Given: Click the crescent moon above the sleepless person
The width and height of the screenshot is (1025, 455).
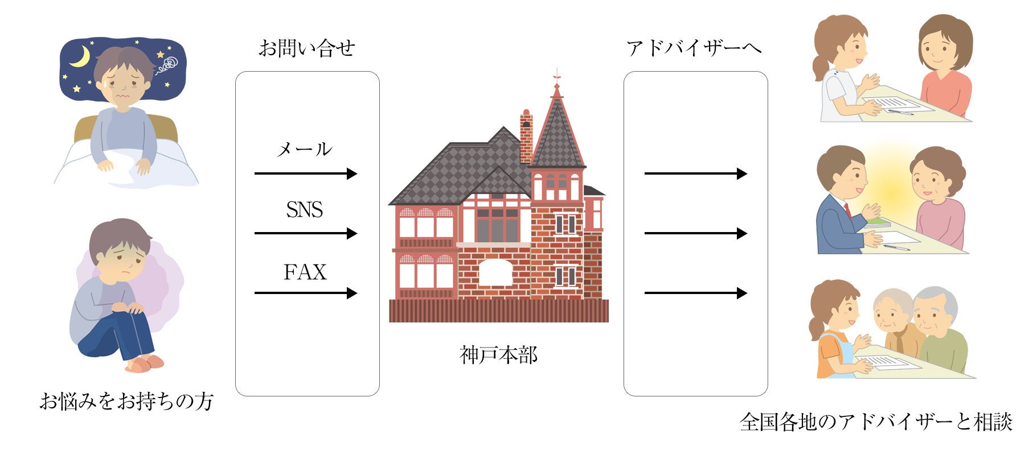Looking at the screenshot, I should [x=81, y=56].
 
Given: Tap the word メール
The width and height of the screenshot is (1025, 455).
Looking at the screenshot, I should [x=304, y=149].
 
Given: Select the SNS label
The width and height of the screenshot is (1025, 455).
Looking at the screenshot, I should [x=305, y=210].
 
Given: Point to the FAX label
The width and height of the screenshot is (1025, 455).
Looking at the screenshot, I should [x=305, y=272].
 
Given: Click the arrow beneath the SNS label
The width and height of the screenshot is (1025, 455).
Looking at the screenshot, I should [x=306, y=233].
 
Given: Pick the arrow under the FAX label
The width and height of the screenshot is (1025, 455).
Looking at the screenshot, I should [x=306, y=293].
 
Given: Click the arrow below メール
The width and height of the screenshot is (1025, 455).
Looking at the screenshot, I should [x=306, y=173].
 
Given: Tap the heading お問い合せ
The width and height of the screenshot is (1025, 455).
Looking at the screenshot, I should [x=307, y=48].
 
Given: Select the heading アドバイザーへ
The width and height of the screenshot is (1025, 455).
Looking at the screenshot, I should [x=694, y=48].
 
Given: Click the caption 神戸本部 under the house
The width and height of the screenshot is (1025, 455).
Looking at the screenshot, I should [x=498, y=355].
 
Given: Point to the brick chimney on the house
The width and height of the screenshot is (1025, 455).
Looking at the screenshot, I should [x=526, y=136].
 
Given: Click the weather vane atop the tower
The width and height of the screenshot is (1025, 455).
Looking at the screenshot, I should [x=557, y=75].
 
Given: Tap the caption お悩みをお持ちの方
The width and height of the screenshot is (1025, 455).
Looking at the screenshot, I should [x=126, y=401].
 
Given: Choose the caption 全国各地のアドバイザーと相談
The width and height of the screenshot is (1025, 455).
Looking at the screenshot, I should [x=876, y=422].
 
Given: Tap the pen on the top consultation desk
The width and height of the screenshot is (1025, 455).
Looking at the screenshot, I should [x=900, y=112].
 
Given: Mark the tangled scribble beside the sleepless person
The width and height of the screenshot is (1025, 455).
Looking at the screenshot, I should [x=166, y=65].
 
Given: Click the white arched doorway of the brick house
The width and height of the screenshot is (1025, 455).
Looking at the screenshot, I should [x=496, y=273].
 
